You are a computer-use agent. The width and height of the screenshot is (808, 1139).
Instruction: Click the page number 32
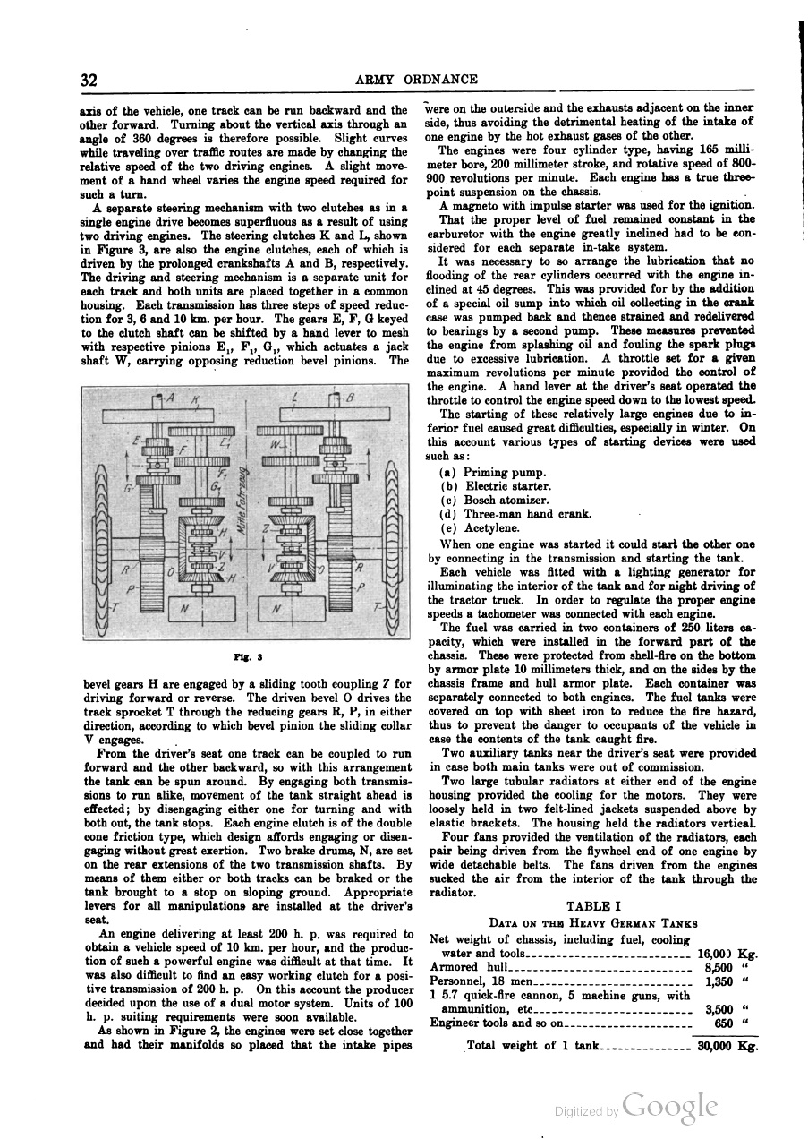89,80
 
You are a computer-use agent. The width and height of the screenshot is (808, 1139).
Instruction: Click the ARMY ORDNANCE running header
416,80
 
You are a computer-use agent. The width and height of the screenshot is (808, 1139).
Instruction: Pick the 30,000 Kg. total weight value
727,1045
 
